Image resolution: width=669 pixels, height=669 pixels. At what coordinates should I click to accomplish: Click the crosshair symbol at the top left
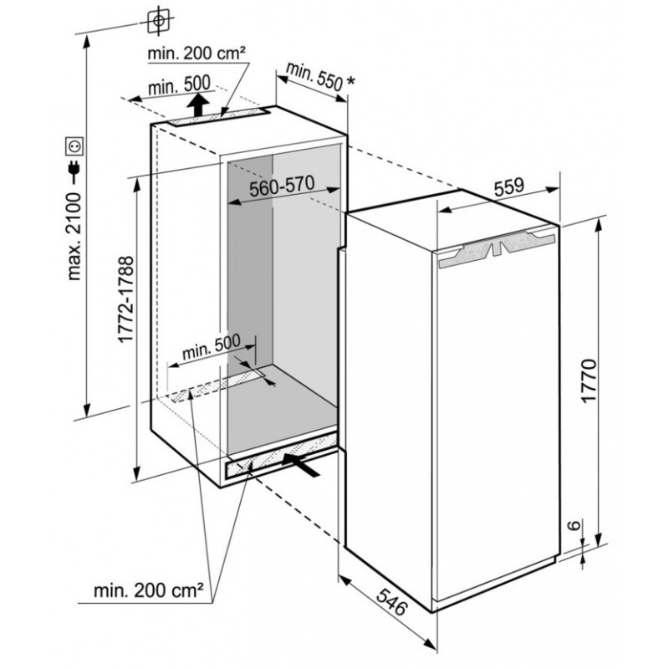tap(158, 20)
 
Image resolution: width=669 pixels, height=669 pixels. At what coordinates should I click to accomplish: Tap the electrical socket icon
tap(74, 146)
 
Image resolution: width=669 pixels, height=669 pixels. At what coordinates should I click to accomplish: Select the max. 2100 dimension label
tap(74, 236)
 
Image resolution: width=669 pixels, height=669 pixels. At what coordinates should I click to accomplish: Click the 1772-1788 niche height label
tap(126, 299)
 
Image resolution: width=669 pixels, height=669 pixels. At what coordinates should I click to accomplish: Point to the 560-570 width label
tap(282, 186)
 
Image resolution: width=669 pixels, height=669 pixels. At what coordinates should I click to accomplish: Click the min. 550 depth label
tap(314, 76)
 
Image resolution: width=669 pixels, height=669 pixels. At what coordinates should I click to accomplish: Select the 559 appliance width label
tap(508, 186)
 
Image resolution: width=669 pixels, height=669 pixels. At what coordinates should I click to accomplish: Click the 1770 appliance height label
tap(589, 381)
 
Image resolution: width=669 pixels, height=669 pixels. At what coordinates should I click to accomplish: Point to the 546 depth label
tap(392, 601)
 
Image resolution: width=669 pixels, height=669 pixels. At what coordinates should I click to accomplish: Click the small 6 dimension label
tap(575, 525)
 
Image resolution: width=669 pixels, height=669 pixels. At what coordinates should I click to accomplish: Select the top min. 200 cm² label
tap(197, 54)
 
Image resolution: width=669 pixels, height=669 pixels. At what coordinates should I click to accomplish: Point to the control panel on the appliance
tap(497, 248)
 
